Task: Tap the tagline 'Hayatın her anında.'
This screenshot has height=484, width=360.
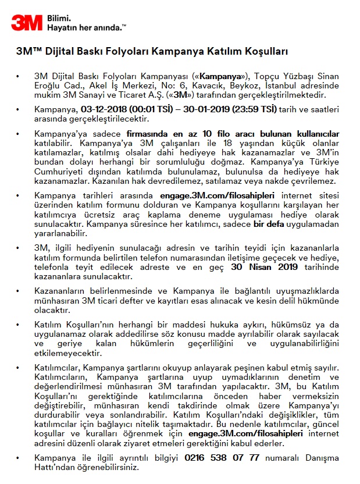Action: coord(87,27)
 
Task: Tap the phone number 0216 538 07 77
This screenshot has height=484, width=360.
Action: coord(222,458)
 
